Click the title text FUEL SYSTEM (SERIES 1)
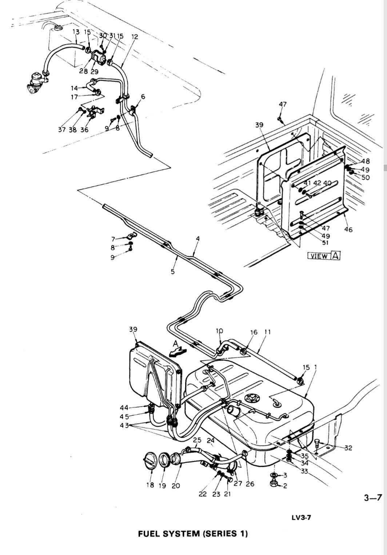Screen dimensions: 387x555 (x=193, y=534)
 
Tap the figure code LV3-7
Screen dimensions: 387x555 (x=301, y=517)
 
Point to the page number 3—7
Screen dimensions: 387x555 (x=372, y=498)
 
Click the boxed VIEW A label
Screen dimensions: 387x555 (x=324, y=256)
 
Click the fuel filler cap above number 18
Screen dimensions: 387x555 (x=149, y=461)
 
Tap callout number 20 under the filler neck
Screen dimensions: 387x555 (x=176, y=486)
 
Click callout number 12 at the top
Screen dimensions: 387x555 (x=135, y=37)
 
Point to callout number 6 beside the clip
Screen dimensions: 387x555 (x=143, y=97)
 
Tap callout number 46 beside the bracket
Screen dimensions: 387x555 (x=348, y=230)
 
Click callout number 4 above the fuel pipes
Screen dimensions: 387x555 (x=198, y=238)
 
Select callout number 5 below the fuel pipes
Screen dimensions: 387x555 (x=172, y=272)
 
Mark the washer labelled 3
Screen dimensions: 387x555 (x=274, y=475)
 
